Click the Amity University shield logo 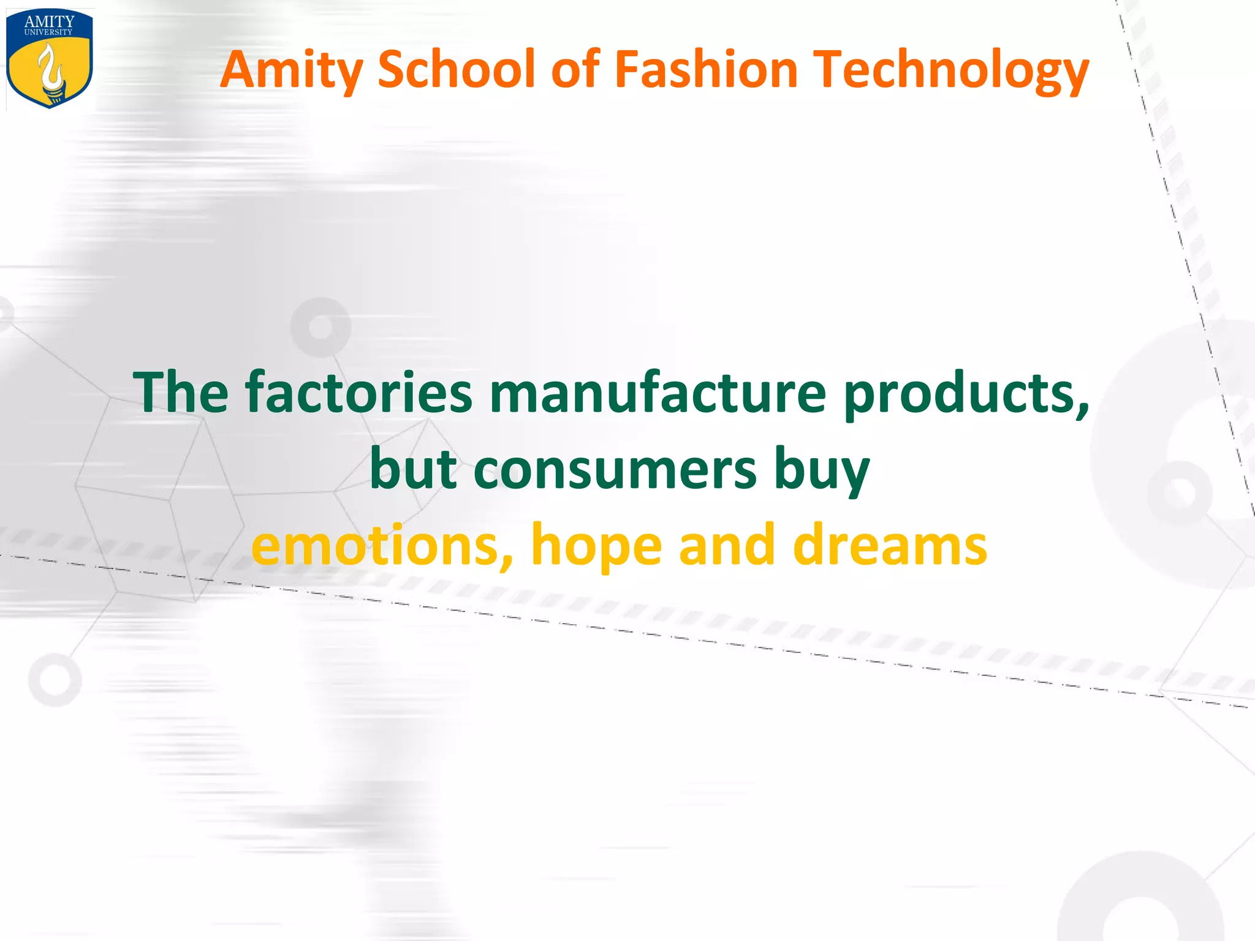click(49, 59)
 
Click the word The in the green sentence click(181, 392)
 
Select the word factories click(359, 392)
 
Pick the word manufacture click(658, 392)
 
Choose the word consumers click(615, 470)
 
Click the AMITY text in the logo click(49, 21)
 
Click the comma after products click(1083, 412)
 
